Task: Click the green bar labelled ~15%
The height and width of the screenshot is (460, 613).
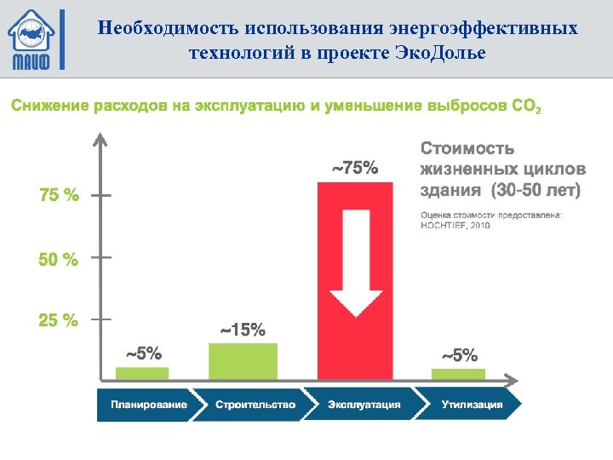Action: pos(243,360)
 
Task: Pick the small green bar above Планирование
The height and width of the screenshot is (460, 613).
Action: pos(142,373)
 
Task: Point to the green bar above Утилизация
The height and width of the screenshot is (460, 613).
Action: pos(458,373)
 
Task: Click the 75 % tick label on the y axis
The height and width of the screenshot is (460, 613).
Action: pos(59,195)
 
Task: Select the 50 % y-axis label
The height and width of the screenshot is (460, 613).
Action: pos(59,259)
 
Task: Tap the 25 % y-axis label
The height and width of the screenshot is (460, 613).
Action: pos(59,321)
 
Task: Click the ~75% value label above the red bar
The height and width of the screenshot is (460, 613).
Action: pos(354,168)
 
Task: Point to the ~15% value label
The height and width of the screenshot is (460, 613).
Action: pos(243,331)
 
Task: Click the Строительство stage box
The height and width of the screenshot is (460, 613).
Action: pos(254,405)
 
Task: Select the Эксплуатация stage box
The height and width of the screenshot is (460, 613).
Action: pos(364,405)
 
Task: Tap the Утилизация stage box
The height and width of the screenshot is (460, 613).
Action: pos(471,405)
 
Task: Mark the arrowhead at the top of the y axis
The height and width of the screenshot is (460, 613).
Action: pos(101,139)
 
